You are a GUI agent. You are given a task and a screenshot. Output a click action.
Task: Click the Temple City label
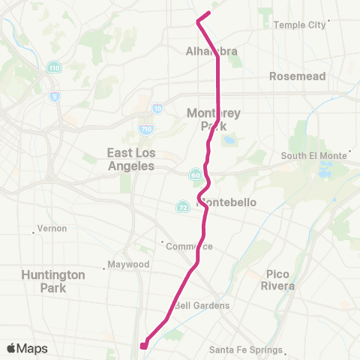[300, 25]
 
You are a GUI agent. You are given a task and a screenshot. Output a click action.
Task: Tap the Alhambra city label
[211, 52]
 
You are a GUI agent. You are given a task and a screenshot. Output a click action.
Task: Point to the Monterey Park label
[214, 119]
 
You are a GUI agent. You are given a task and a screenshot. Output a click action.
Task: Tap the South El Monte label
[313, 156]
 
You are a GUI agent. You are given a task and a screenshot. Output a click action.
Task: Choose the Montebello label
[226, 202]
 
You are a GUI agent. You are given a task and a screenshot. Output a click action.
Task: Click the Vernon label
[52, 229]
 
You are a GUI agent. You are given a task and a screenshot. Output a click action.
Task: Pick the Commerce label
[190, 246]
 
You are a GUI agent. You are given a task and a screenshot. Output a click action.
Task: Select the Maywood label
[129, 265]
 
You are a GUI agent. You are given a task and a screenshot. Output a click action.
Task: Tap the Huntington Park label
[53, 280]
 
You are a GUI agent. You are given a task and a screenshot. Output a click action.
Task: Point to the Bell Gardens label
[201, 305]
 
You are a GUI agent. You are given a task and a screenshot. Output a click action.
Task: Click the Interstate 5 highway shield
[54, 96]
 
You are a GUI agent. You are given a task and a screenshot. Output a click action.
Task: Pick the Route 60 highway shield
[195, 175]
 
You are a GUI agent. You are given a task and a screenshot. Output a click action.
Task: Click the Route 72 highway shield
[182, 205]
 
